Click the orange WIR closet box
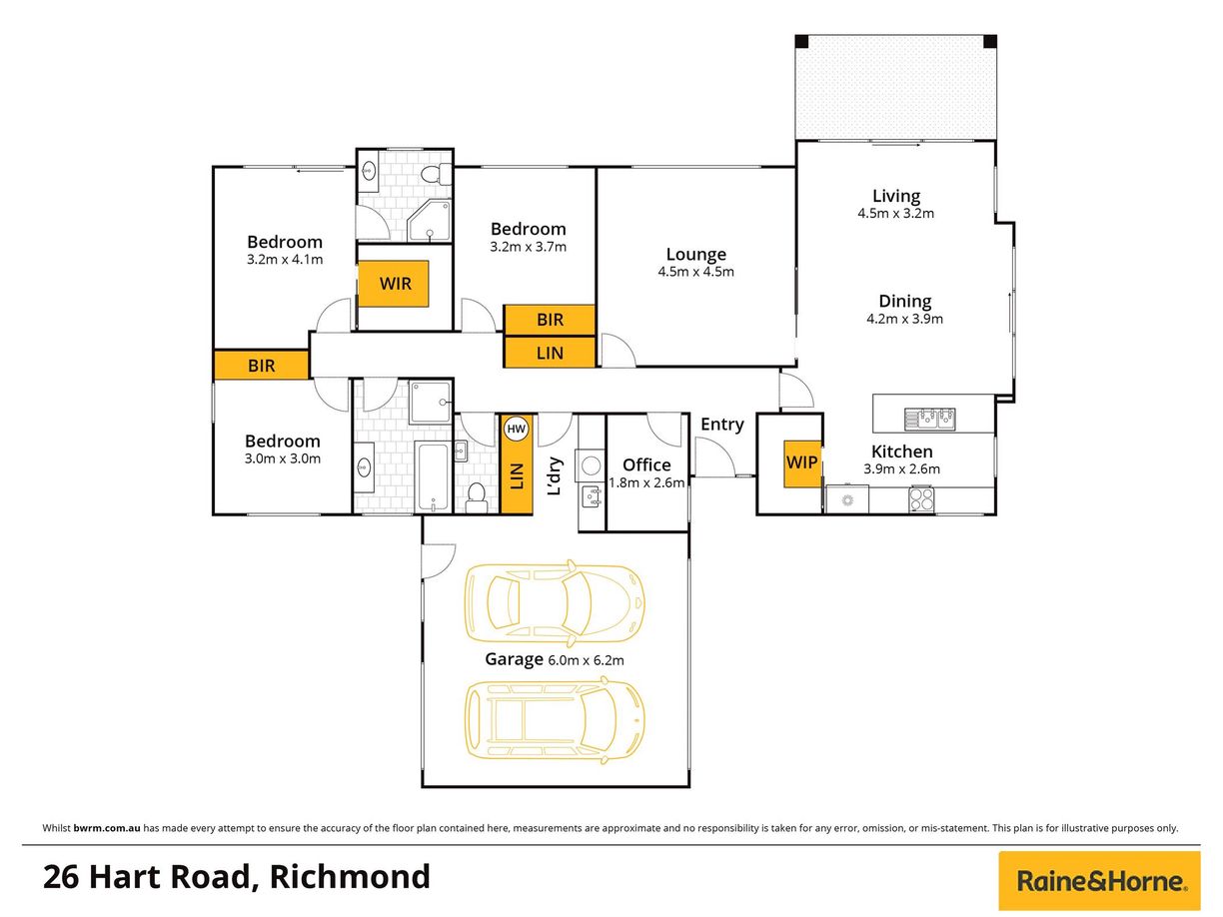coord(393,283)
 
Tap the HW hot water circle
coord(516,429)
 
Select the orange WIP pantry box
coord(801,463)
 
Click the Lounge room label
coord(695,254)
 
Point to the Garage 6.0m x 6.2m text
coord(555,659)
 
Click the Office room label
coord(646,464)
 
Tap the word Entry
coord(722,425)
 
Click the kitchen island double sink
coord(929,419)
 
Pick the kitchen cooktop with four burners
coord(921,498)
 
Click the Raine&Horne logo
coord(1099,881)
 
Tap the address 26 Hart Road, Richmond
coord(236,877)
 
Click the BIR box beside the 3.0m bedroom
coord(262,366)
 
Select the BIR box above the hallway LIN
coord(550,320)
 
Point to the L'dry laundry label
coord(555,476)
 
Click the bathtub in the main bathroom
coord(433,476)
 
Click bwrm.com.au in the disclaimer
coord(107,828)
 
